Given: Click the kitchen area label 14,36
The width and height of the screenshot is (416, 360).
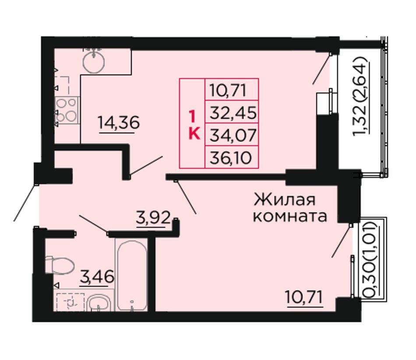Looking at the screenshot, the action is point(119,123).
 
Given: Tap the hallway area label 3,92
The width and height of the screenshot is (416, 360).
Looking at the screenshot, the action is point(153,218).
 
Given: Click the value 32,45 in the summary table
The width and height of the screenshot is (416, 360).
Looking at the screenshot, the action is point(233,112).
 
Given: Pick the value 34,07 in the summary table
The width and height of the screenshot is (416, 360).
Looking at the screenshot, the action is point(233,135).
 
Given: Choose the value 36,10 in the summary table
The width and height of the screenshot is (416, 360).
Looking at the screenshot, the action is point(230,158).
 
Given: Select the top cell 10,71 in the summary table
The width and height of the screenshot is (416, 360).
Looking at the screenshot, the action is point(228,90).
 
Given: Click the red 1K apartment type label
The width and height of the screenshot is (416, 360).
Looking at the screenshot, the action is point(194,125).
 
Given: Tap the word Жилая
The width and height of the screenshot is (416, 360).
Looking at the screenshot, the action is point(285,199).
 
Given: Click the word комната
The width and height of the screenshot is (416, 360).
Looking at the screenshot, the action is point(290,216).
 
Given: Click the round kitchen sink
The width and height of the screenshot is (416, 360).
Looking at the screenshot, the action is point(94,62).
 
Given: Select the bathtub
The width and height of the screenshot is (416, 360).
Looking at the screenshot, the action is point(132,275).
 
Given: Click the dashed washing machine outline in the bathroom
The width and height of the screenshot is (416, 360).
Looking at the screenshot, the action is point(71,302).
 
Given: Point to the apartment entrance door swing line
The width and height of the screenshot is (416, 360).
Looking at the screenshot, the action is point(25,202).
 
